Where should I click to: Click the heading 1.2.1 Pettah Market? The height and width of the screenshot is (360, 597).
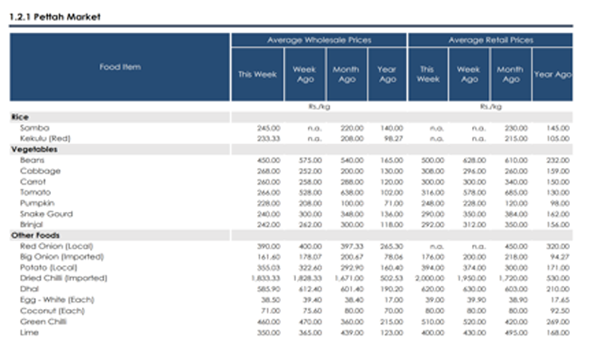pos(55,17)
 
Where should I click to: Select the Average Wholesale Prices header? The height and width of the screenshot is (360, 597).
pos(318,40)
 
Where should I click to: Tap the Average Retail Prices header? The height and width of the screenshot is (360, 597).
pos(490,40)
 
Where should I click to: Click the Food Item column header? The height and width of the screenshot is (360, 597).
pos(120,67)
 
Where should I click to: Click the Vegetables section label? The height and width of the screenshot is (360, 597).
pos(33,149)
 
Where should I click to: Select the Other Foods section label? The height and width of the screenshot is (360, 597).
pos(35,236)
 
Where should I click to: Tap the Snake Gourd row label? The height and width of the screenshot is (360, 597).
pos(46,214)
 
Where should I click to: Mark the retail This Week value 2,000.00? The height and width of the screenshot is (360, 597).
pos(428,279)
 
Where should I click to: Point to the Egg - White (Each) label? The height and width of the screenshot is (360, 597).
pos(52,300)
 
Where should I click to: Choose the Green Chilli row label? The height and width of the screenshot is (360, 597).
pos(44,322)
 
